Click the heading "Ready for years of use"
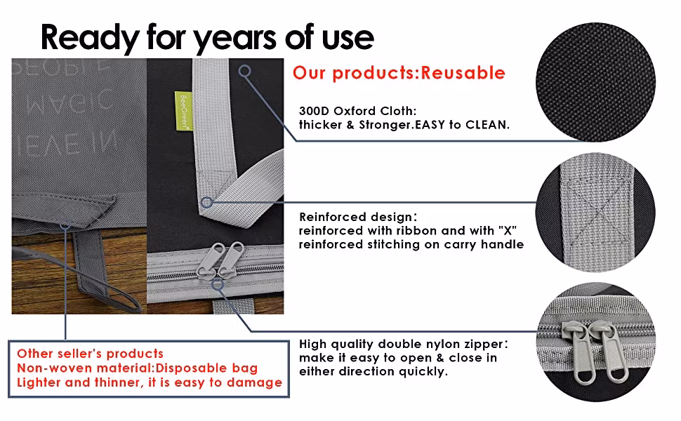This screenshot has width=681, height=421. pyautogui.click(x=207, y=38)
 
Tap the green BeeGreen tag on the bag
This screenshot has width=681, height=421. pyautogui.click(x=183, y=110)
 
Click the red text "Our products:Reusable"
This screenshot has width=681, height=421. pyautogui.click(x=399, y=73)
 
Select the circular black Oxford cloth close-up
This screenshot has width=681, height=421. pyautogui.click(x=595, y=82)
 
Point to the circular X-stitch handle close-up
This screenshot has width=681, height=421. pyautogui.click(x=595, y=212)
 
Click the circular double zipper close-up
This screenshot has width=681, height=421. pyautogui.click(x=596, y=342)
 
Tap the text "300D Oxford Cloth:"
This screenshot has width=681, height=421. pyautogui.click(x=357, y=111)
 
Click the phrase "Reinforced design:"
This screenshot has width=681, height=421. pyautogui.click(x=358, y=217)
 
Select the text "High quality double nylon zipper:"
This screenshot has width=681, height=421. pyautogui.click(x=404, y=345)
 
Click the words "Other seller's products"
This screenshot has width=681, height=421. pyautogui.click(x=90, y=354)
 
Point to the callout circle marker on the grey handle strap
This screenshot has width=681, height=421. pyautogui.click(x=245, y=71)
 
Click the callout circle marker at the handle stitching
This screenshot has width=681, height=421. pyautogui.click(x=207, y=202)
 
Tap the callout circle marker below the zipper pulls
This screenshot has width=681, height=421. pyautogui.click(x=218, y=284)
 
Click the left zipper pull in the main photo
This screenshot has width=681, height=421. pyautogui.click(x=208, y=260)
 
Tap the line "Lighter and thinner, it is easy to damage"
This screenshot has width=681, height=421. pyautogui.click(x=150, y=382)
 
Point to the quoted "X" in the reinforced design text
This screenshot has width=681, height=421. pyautogui.click(x=508, y=230)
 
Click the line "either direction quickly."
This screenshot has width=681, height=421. pyautogui.click(x=373, y=372)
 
